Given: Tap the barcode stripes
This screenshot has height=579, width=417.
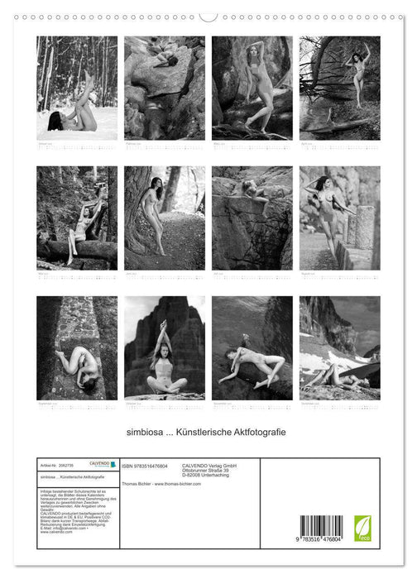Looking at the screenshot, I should [320, 526].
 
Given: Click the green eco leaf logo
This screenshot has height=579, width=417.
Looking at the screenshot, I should [362, 528].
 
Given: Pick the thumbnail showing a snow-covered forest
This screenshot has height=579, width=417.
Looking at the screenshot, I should [77, 88].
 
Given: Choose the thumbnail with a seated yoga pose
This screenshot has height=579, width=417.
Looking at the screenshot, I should [165, 347].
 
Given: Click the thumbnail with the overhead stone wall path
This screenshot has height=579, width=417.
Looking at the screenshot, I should [77, 347].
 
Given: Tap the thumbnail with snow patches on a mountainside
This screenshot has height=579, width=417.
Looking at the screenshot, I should [340, 347].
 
